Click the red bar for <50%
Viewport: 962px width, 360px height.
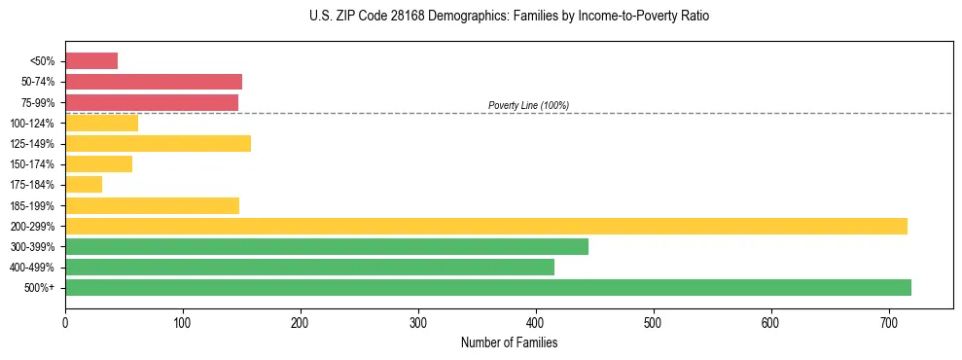[91, 61]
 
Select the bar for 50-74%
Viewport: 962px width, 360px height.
[154, 82]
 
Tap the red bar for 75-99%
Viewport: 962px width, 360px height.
[152, 102]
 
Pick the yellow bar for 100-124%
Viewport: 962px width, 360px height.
[101, 123]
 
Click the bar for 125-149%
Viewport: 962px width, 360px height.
[158, 144]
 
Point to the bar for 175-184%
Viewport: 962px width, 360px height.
[84, 185]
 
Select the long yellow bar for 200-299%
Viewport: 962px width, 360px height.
[486, 226]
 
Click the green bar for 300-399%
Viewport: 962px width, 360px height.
[327, 246]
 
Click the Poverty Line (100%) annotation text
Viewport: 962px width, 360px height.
[528, 105]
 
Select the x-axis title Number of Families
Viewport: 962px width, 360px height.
[509, 342]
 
